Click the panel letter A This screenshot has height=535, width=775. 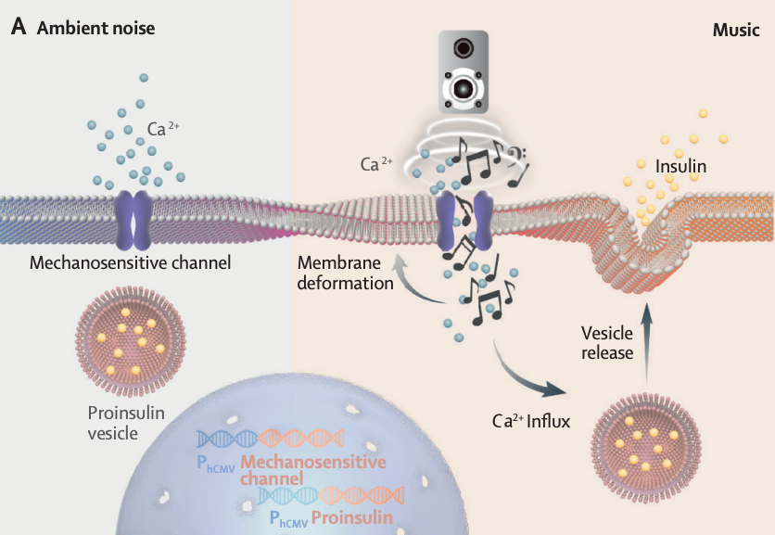point(18,28)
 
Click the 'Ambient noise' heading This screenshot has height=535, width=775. point(95,29)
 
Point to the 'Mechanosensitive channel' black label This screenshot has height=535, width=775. point(130,263)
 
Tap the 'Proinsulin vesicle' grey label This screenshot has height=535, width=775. point(127,423)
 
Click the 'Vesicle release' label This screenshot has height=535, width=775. point(607,342)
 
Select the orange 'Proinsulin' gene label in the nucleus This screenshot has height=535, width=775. point(352,516)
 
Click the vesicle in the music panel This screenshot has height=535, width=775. point(647,442)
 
